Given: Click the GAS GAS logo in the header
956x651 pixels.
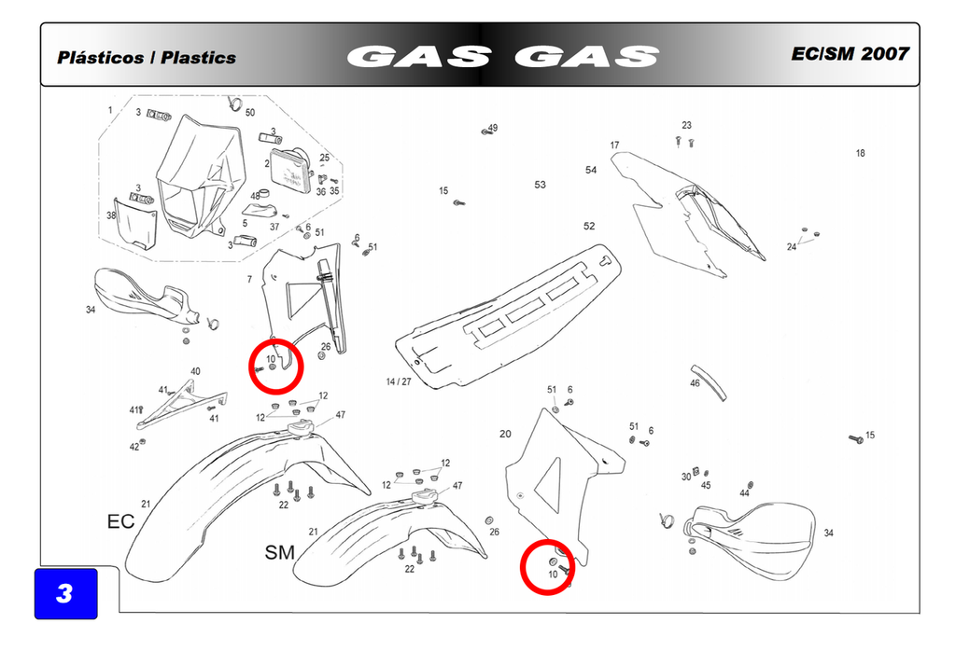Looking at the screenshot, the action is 503,56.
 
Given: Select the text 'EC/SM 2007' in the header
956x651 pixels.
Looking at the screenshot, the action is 850,53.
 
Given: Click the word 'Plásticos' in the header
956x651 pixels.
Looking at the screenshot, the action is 101,58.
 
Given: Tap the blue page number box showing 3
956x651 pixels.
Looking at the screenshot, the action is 66,594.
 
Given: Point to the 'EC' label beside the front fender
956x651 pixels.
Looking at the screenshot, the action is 120,521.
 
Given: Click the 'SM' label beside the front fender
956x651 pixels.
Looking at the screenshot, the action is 279,552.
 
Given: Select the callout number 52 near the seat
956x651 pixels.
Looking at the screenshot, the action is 589,226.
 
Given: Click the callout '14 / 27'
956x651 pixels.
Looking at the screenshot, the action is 399,381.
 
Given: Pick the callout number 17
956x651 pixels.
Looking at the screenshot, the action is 614,145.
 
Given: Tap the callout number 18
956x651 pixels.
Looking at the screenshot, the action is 860,153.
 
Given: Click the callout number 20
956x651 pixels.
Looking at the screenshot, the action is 505,435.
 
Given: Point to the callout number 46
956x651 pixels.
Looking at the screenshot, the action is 695,383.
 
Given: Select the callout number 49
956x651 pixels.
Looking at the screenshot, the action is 493,128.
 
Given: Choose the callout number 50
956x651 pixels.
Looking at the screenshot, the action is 250,113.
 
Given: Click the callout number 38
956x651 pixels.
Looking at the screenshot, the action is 112,215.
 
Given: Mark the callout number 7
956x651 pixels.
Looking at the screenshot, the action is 249,280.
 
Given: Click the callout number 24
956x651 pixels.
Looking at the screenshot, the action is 792,246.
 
